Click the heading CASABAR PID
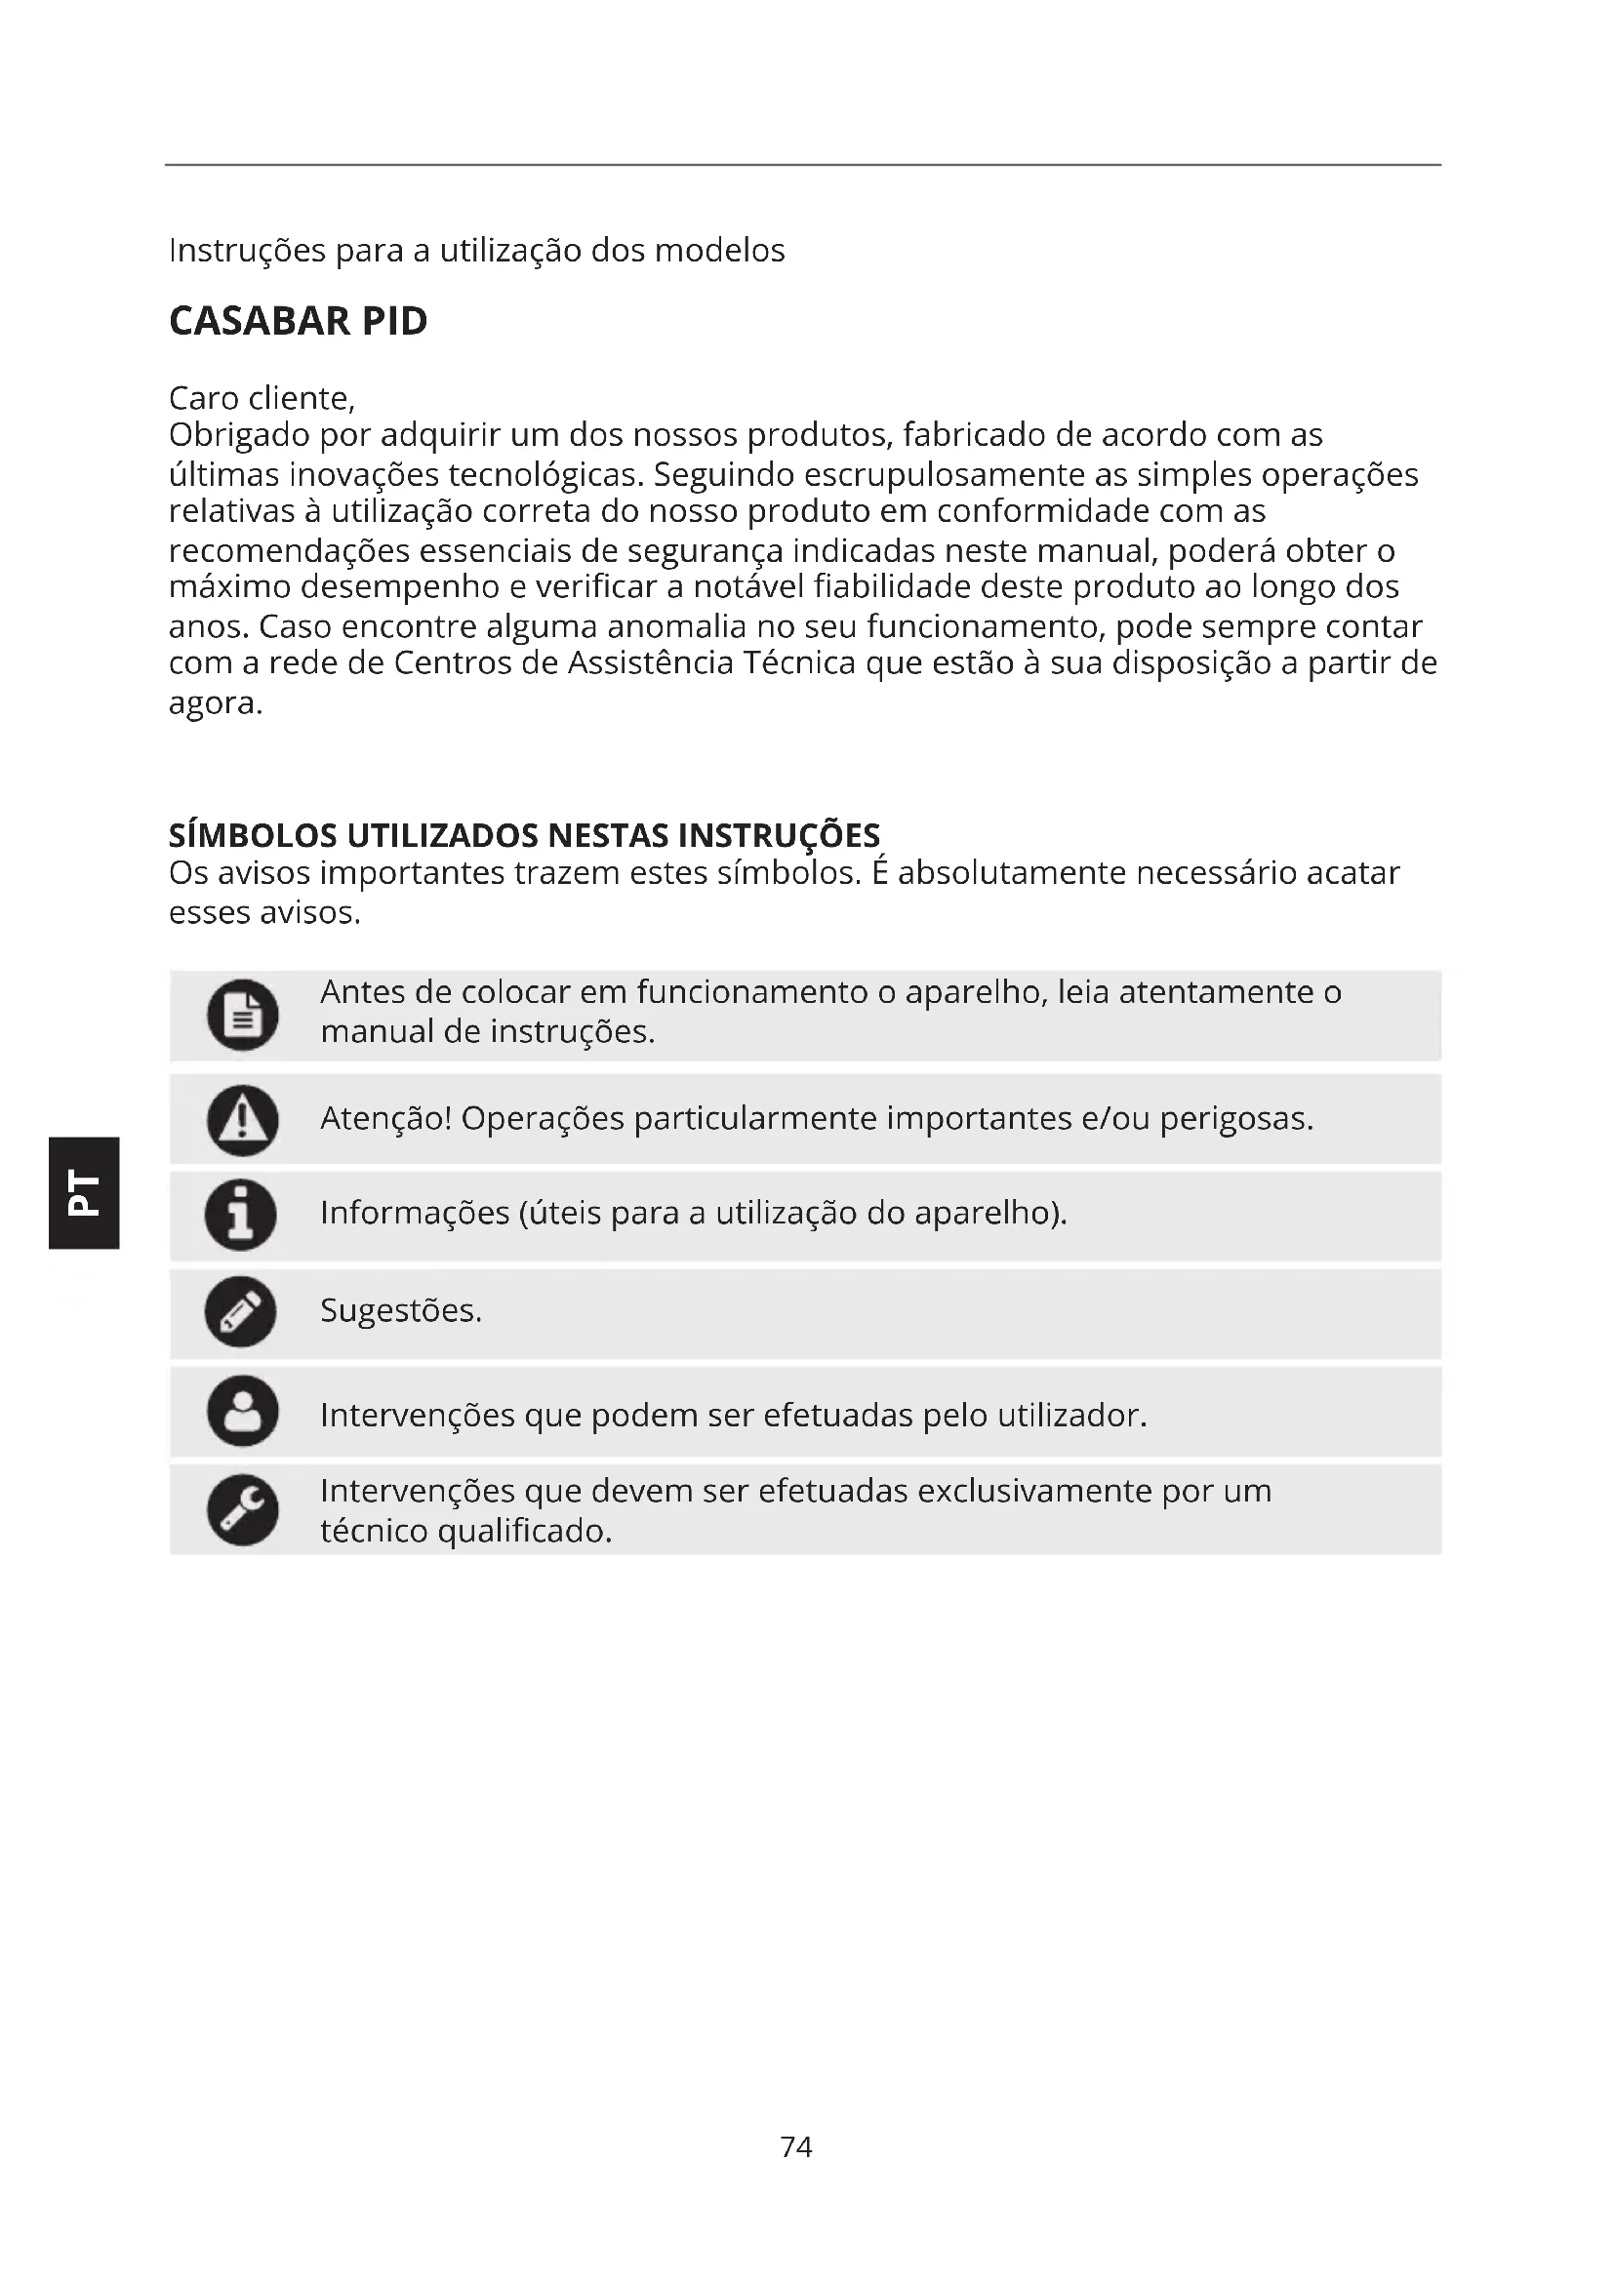299,321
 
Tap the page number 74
796,2145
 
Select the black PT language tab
83,1191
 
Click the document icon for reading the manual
243,1015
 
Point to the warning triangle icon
243,1120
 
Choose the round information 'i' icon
240,1215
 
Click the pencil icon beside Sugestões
240,1311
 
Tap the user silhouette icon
243,1411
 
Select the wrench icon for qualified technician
243,1509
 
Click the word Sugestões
400,1311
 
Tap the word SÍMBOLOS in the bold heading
254,835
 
